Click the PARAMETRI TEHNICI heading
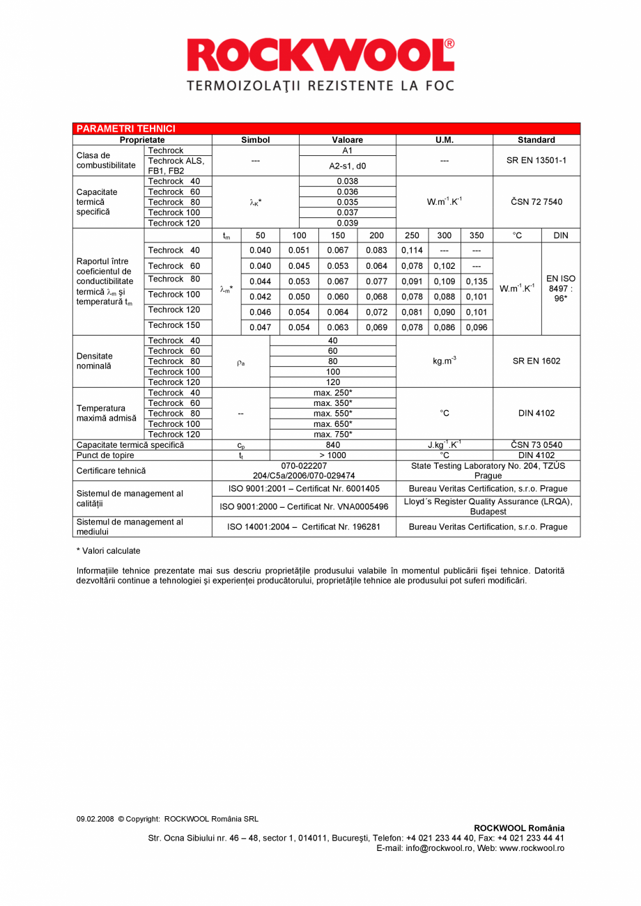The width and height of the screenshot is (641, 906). (125, 129)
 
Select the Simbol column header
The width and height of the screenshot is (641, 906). (255, 140)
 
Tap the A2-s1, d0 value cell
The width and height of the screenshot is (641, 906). (347, 166)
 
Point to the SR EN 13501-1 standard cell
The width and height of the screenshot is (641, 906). (536, 160)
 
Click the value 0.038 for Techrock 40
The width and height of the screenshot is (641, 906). (347, 181)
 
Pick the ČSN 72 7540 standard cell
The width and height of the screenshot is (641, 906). (536, 202)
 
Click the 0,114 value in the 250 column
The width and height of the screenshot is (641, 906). (412, 250)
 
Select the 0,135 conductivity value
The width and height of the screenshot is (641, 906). (477, 281)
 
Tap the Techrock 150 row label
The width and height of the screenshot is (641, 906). (173, 325)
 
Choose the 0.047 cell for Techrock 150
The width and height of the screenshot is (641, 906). (260, 327)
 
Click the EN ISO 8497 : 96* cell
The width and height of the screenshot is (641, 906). (560, 288)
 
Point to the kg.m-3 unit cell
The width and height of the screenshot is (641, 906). (444, 361)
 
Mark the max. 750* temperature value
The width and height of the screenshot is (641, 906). (332, 435)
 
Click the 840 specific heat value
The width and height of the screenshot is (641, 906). (332, 445)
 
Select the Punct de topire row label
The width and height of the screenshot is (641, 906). (105, 455)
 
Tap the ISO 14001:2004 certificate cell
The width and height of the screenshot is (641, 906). (304, 527)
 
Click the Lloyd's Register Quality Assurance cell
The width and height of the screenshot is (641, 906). (488, 506)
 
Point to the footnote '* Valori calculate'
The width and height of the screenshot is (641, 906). (108, 551)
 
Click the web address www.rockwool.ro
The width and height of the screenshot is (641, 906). (532, 848)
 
